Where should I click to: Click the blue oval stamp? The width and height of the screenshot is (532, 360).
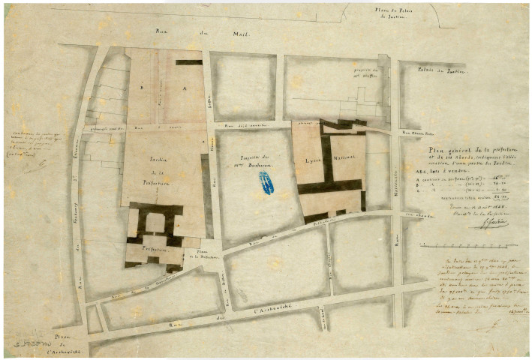click(x=266, y=183)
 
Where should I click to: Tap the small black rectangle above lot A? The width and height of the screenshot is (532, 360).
click(x=188, y=62)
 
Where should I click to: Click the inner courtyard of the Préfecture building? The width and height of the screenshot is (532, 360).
click(x=155, y=223)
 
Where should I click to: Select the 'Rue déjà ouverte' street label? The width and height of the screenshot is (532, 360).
click(x=252, y=127)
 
